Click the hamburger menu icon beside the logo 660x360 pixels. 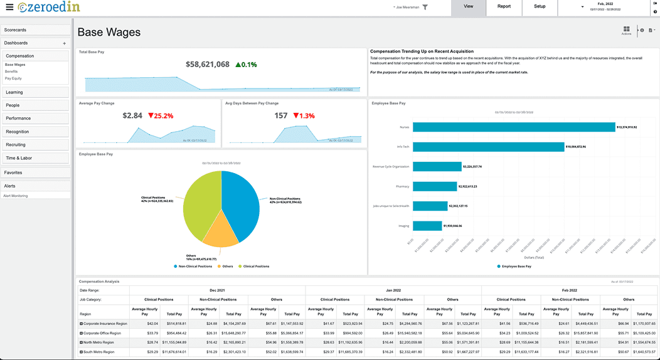point(9,7)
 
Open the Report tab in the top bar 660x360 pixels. point(504,6)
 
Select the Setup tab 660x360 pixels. point(540,6)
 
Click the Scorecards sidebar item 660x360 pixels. point(35,29)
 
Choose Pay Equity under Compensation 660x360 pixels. point(13,78)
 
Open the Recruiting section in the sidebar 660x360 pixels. point(35,145)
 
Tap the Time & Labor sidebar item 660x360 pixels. point(35,158)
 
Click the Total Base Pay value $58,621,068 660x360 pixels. point(208,65)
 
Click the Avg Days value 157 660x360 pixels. point(281,116)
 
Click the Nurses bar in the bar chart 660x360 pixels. point(513,127)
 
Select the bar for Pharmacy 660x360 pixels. point(434,186)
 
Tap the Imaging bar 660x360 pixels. point(427,226)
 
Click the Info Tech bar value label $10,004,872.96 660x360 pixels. point(575,147)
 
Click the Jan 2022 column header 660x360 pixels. point(393,290)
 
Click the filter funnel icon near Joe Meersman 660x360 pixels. point(425,7)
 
